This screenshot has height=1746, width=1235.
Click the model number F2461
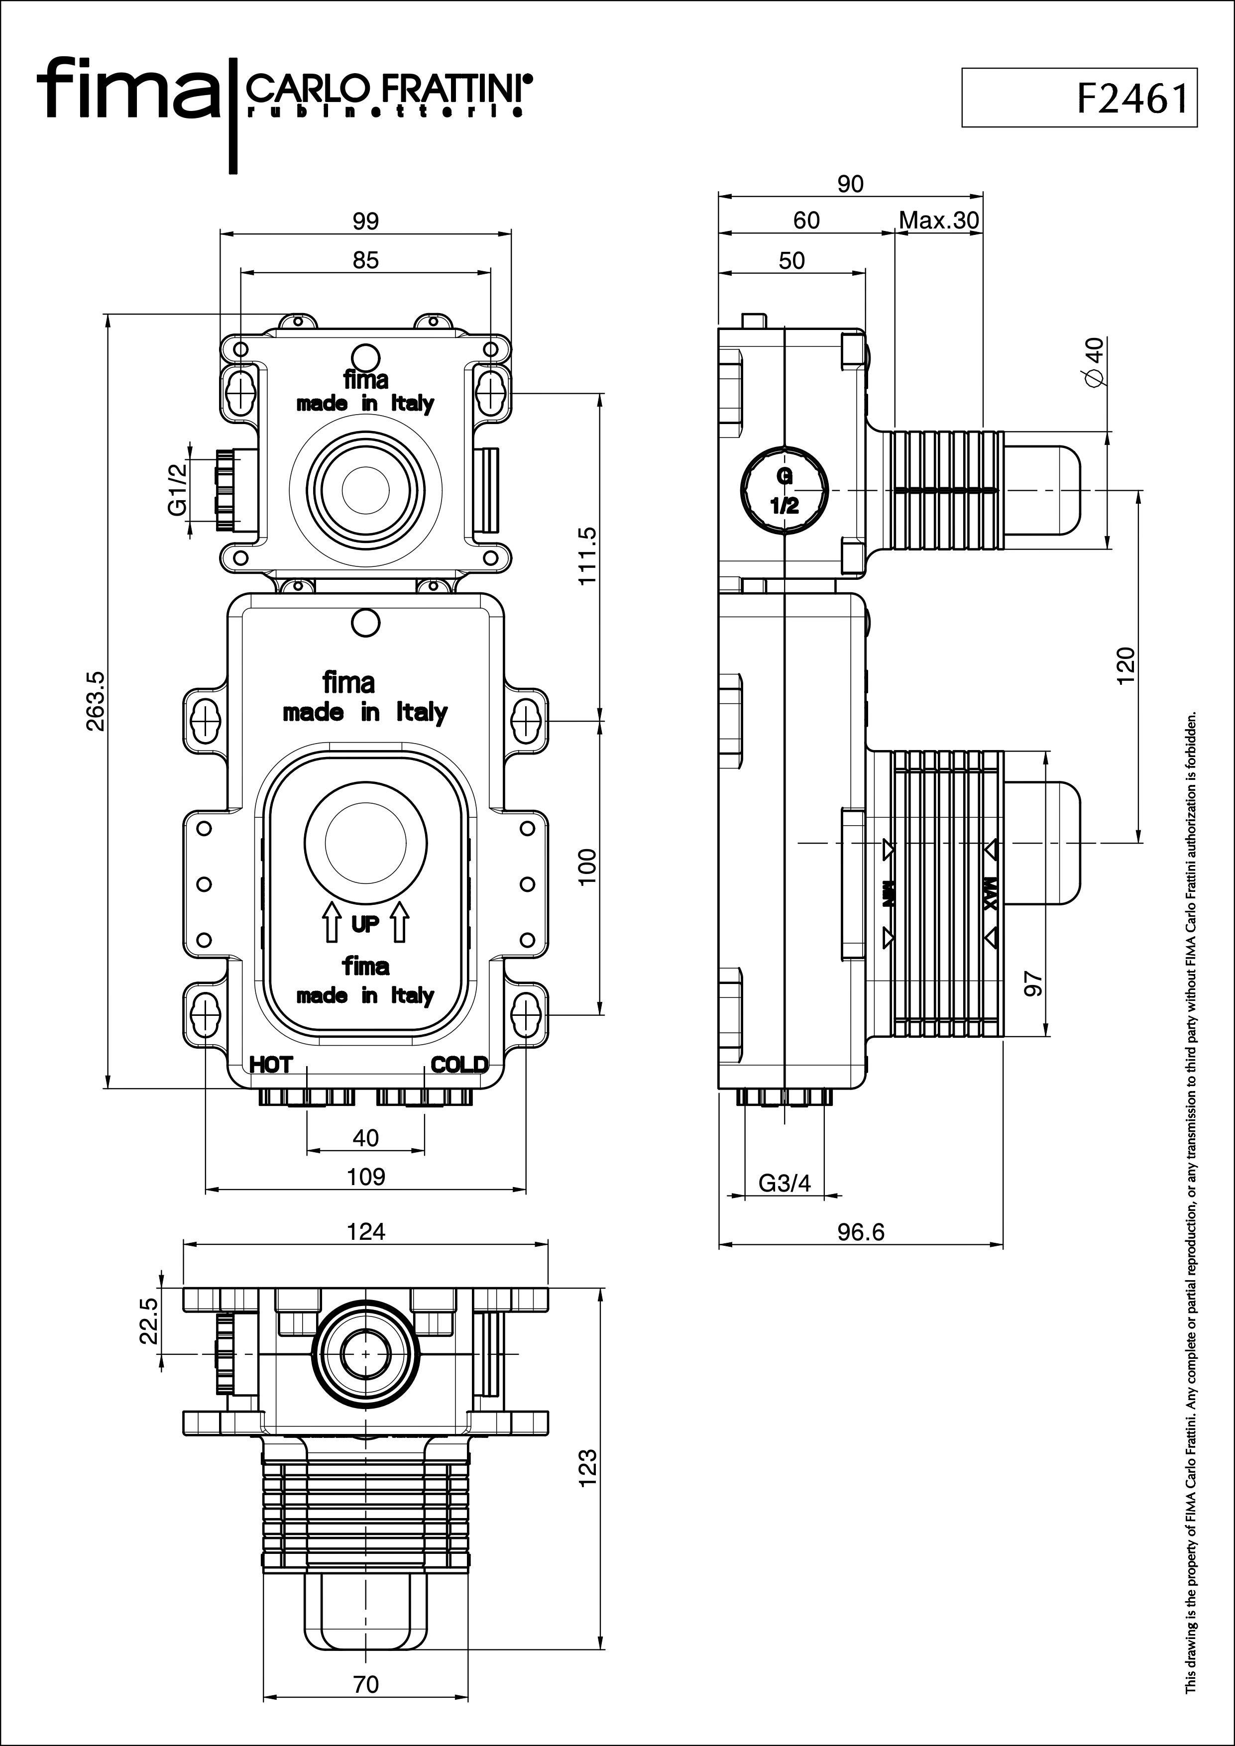(1131, 98)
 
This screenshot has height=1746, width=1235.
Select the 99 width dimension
(366, 221)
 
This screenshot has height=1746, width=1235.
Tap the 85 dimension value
(366, 260)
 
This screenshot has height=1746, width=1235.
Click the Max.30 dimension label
(939, 220)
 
